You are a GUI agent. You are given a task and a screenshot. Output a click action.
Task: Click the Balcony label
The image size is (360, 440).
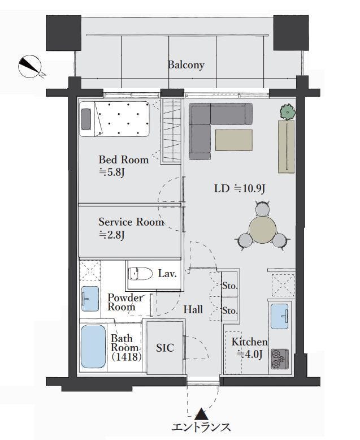pos(186,65)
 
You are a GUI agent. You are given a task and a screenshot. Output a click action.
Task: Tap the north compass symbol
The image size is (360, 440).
pos(30,67)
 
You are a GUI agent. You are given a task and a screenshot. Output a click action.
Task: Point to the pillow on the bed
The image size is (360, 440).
pos(86,119)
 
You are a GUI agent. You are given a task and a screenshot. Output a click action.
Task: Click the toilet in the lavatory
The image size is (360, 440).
pos(140,273)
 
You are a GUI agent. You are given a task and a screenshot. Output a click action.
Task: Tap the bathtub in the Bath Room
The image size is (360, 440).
pos(93,347)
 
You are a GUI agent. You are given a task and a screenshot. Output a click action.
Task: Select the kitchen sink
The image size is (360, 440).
pos(280,316)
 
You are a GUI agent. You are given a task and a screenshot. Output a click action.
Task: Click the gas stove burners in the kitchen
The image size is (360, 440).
pos(280,359)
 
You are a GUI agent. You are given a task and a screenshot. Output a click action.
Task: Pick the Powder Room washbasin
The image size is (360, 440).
pos(90,299)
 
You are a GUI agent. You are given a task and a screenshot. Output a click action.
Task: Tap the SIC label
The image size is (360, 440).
pos(165,348)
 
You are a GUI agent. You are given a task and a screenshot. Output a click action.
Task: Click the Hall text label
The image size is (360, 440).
pos(193,309)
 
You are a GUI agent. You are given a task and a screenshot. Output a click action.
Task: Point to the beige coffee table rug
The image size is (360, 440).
pos(234,140)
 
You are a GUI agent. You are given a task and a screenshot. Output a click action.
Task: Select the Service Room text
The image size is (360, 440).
pos(131,222)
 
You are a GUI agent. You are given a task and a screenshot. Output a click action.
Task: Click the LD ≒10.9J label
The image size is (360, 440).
pos(240,188)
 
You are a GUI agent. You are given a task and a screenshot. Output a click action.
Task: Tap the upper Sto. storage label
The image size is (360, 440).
pos(230,286)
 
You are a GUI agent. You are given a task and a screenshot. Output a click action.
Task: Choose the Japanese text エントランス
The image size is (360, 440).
pos(201,427)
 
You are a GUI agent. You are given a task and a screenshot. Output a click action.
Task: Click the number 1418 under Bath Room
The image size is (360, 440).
pos(126,357)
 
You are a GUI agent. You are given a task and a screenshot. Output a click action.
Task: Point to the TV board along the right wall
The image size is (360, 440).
pos(287,146)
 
